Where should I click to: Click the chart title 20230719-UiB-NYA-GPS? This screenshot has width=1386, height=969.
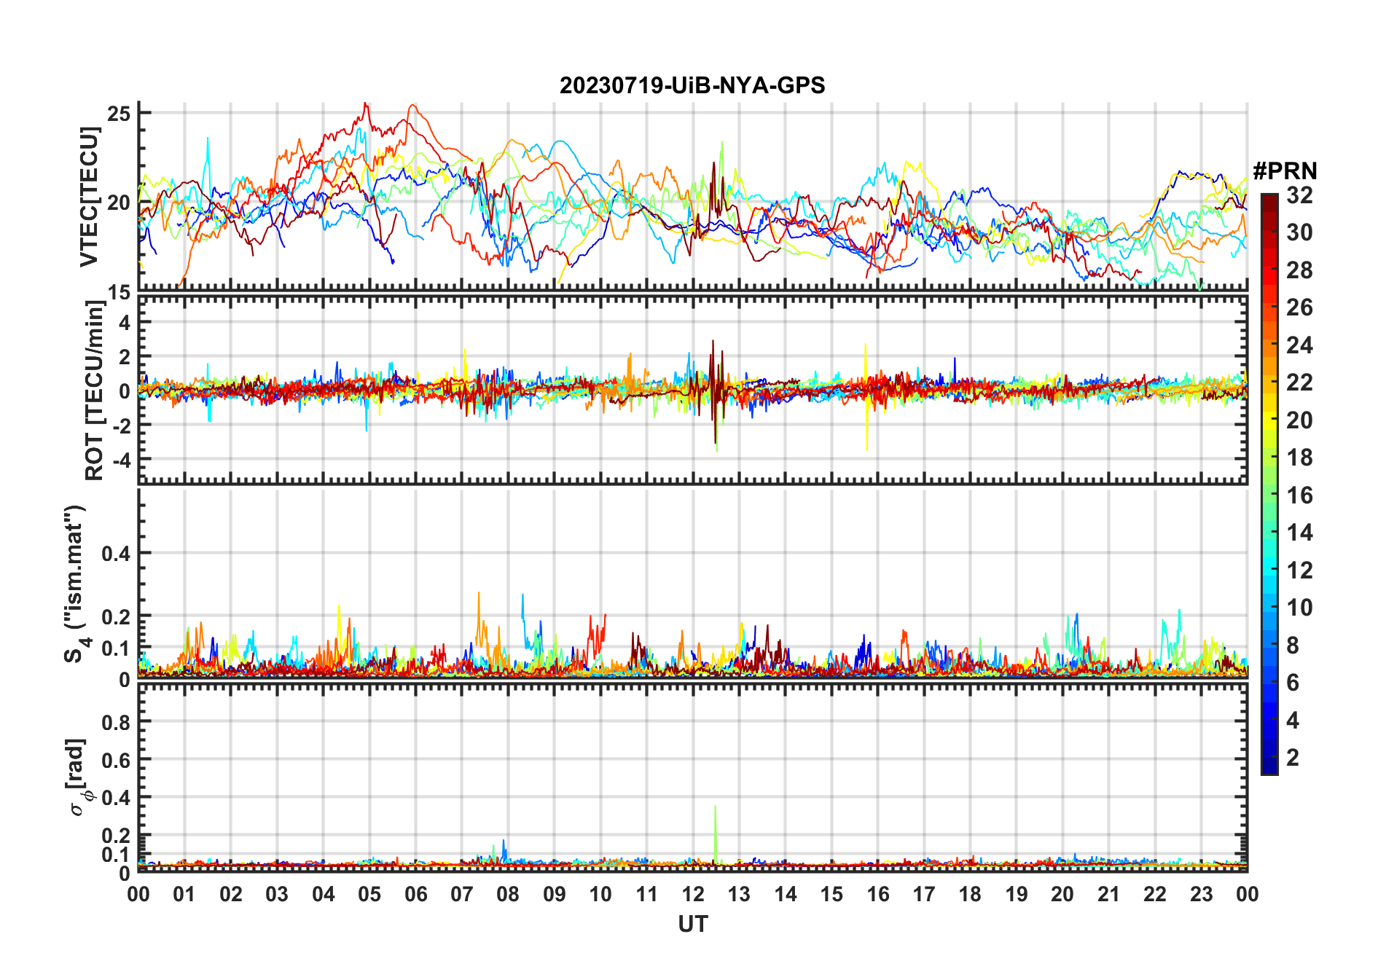[x=692, y=86]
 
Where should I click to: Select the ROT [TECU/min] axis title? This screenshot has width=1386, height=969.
[x=94, y=391]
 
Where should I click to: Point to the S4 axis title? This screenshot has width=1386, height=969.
[x=75, y=583]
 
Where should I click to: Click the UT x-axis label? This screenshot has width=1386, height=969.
[x=692, y=925]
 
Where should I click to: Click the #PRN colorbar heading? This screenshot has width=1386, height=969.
[x=1285, y=171]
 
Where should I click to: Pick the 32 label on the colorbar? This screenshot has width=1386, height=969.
[x=1299, y=195]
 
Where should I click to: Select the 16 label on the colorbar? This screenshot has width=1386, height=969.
[x=1299, y=495]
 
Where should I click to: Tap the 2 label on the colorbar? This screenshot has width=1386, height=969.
[x=1293, y=758]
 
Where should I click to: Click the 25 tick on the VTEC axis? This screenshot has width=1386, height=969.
[x=119, y=114]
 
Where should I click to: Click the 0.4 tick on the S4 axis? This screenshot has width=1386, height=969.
[x=116, y=553]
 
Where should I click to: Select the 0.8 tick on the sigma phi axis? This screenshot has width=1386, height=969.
[x=116, y=722]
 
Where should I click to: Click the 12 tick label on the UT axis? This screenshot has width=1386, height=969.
[x=692, y=895]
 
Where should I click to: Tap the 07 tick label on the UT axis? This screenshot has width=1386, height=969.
[x=462, y=895]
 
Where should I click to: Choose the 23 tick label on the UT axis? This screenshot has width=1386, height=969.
[x=1201, y=895]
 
